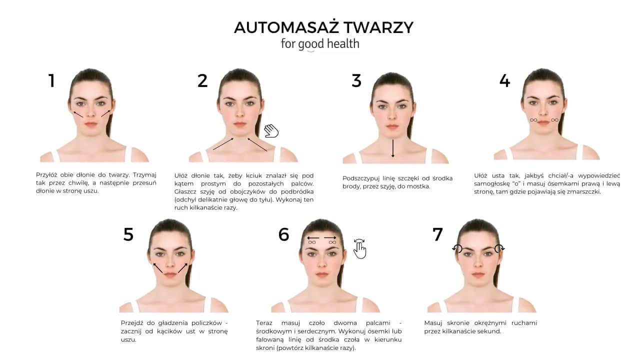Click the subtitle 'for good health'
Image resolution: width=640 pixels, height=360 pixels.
pyautogui.click(x=320, y=44)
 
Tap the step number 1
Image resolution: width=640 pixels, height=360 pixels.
pyautogui.click(x=51, y=80)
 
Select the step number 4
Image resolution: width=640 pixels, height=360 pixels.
pyautogui.click(x=504, y=80)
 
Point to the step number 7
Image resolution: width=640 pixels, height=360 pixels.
pyautogui.click(x=437, y=234)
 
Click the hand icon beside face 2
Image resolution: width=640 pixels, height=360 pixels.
pyautogui.click(x=271, y=130)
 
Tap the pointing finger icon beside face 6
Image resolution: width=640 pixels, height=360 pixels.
pyautogui.click(x=359, y=248)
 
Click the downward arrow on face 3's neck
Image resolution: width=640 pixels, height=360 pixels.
pyautogui.click(x=393, y=148)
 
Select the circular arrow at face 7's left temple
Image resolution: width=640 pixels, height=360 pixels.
pyautogui.click(x=457, y=248)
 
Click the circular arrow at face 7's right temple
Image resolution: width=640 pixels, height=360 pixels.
pyautogui.click(x=499, y=248)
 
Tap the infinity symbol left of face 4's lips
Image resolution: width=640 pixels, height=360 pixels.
pyautogui.click(x=533, y=120)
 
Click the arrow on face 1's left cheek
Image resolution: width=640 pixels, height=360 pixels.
pyautogui.click(x=78, y=114)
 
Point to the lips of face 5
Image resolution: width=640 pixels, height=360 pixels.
pyautogui.click(x=170, y=274)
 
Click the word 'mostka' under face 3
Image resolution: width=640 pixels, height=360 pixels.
pyautogui.click(x=419, y=186)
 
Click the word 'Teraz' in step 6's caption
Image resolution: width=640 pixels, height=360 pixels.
pyautogui.click(x=265, y=323)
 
